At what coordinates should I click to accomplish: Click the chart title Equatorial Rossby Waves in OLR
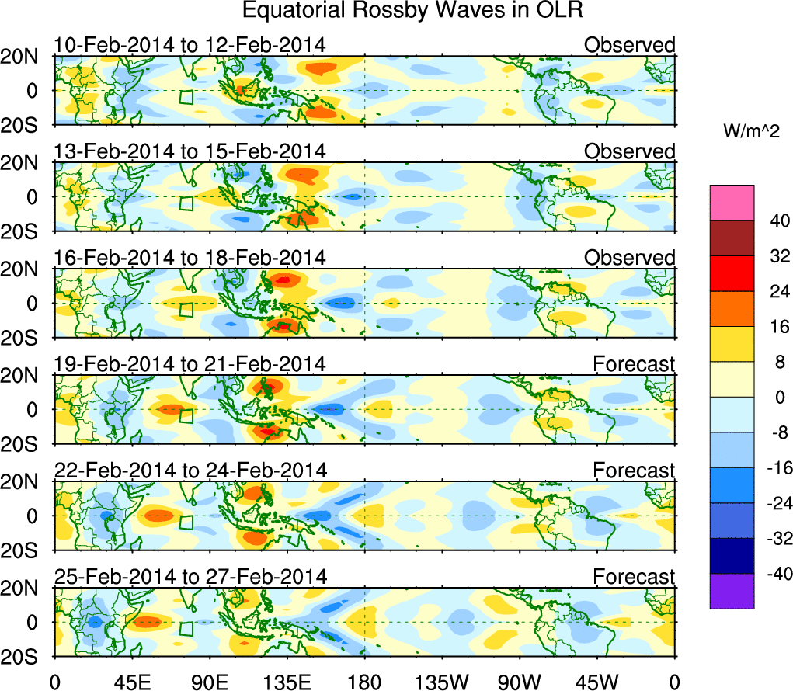coord(412,11)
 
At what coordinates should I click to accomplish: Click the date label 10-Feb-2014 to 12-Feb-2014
coord(190,45)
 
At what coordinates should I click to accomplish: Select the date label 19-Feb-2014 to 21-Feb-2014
coord(190,363)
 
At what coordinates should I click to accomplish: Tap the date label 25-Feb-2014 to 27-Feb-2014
coord(190,576)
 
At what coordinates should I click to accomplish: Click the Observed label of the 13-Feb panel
coord(630,151)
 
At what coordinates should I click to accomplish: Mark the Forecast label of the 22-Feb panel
coord(635,470)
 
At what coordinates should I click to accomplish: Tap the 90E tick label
coord(208,682)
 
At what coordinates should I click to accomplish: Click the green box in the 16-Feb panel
coord(186,310)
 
